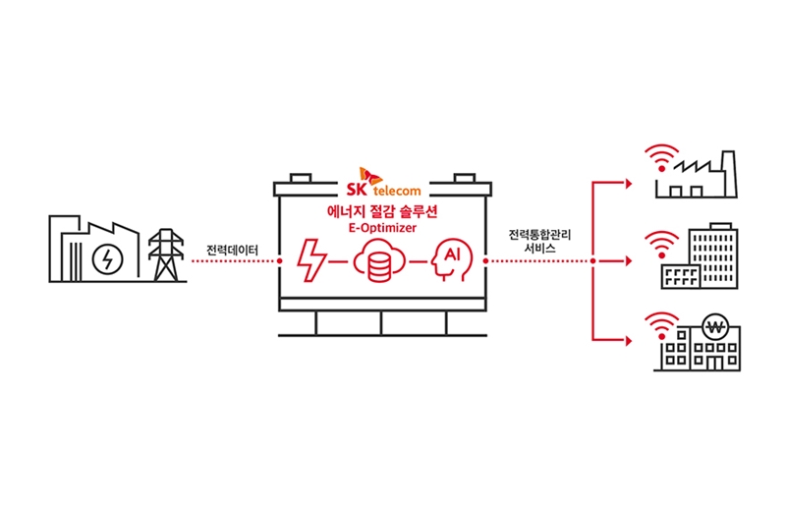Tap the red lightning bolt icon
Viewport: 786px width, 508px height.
click(313, 260)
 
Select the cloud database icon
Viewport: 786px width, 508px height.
click(378, 262)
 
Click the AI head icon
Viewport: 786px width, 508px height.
click(453, 260)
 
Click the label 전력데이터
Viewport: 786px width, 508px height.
click(234, 250)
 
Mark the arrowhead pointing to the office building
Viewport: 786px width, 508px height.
click(629, 261)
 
